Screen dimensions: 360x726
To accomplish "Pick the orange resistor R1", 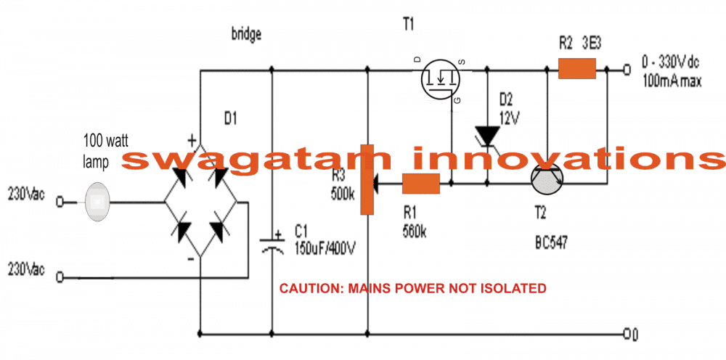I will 421,185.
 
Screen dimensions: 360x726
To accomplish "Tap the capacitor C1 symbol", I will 272,243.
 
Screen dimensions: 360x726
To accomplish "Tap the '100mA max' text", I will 672,81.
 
